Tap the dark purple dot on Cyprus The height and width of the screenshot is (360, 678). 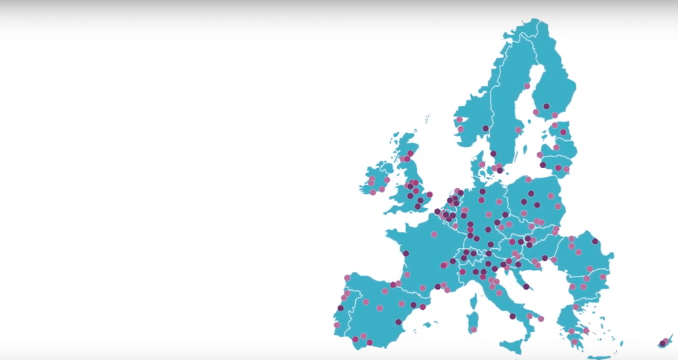point(662,344)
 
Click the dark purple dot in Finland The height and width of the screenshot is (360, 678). point(546,106)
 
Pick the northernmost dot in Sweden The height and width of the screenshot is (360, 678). point(527,86)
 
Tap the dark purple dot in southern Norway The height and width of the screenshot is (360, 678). point(485,128)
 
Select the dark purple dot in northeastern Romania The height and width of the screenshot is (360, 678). point(595,241)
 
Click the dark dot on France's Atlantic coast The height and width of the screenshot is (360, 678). point(405,254)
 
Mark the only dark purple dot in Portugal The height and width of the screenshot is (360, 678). point(340,308)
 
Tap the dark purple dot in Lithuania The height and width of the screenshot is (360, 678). point(542,165)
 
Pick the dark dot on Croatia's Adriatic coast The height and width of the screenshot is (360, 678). point(525,287)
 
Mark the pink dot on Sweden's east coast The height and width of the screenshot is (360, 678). point(519,129)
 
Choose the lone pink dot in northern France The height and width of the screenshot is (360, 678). point(434,234)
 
